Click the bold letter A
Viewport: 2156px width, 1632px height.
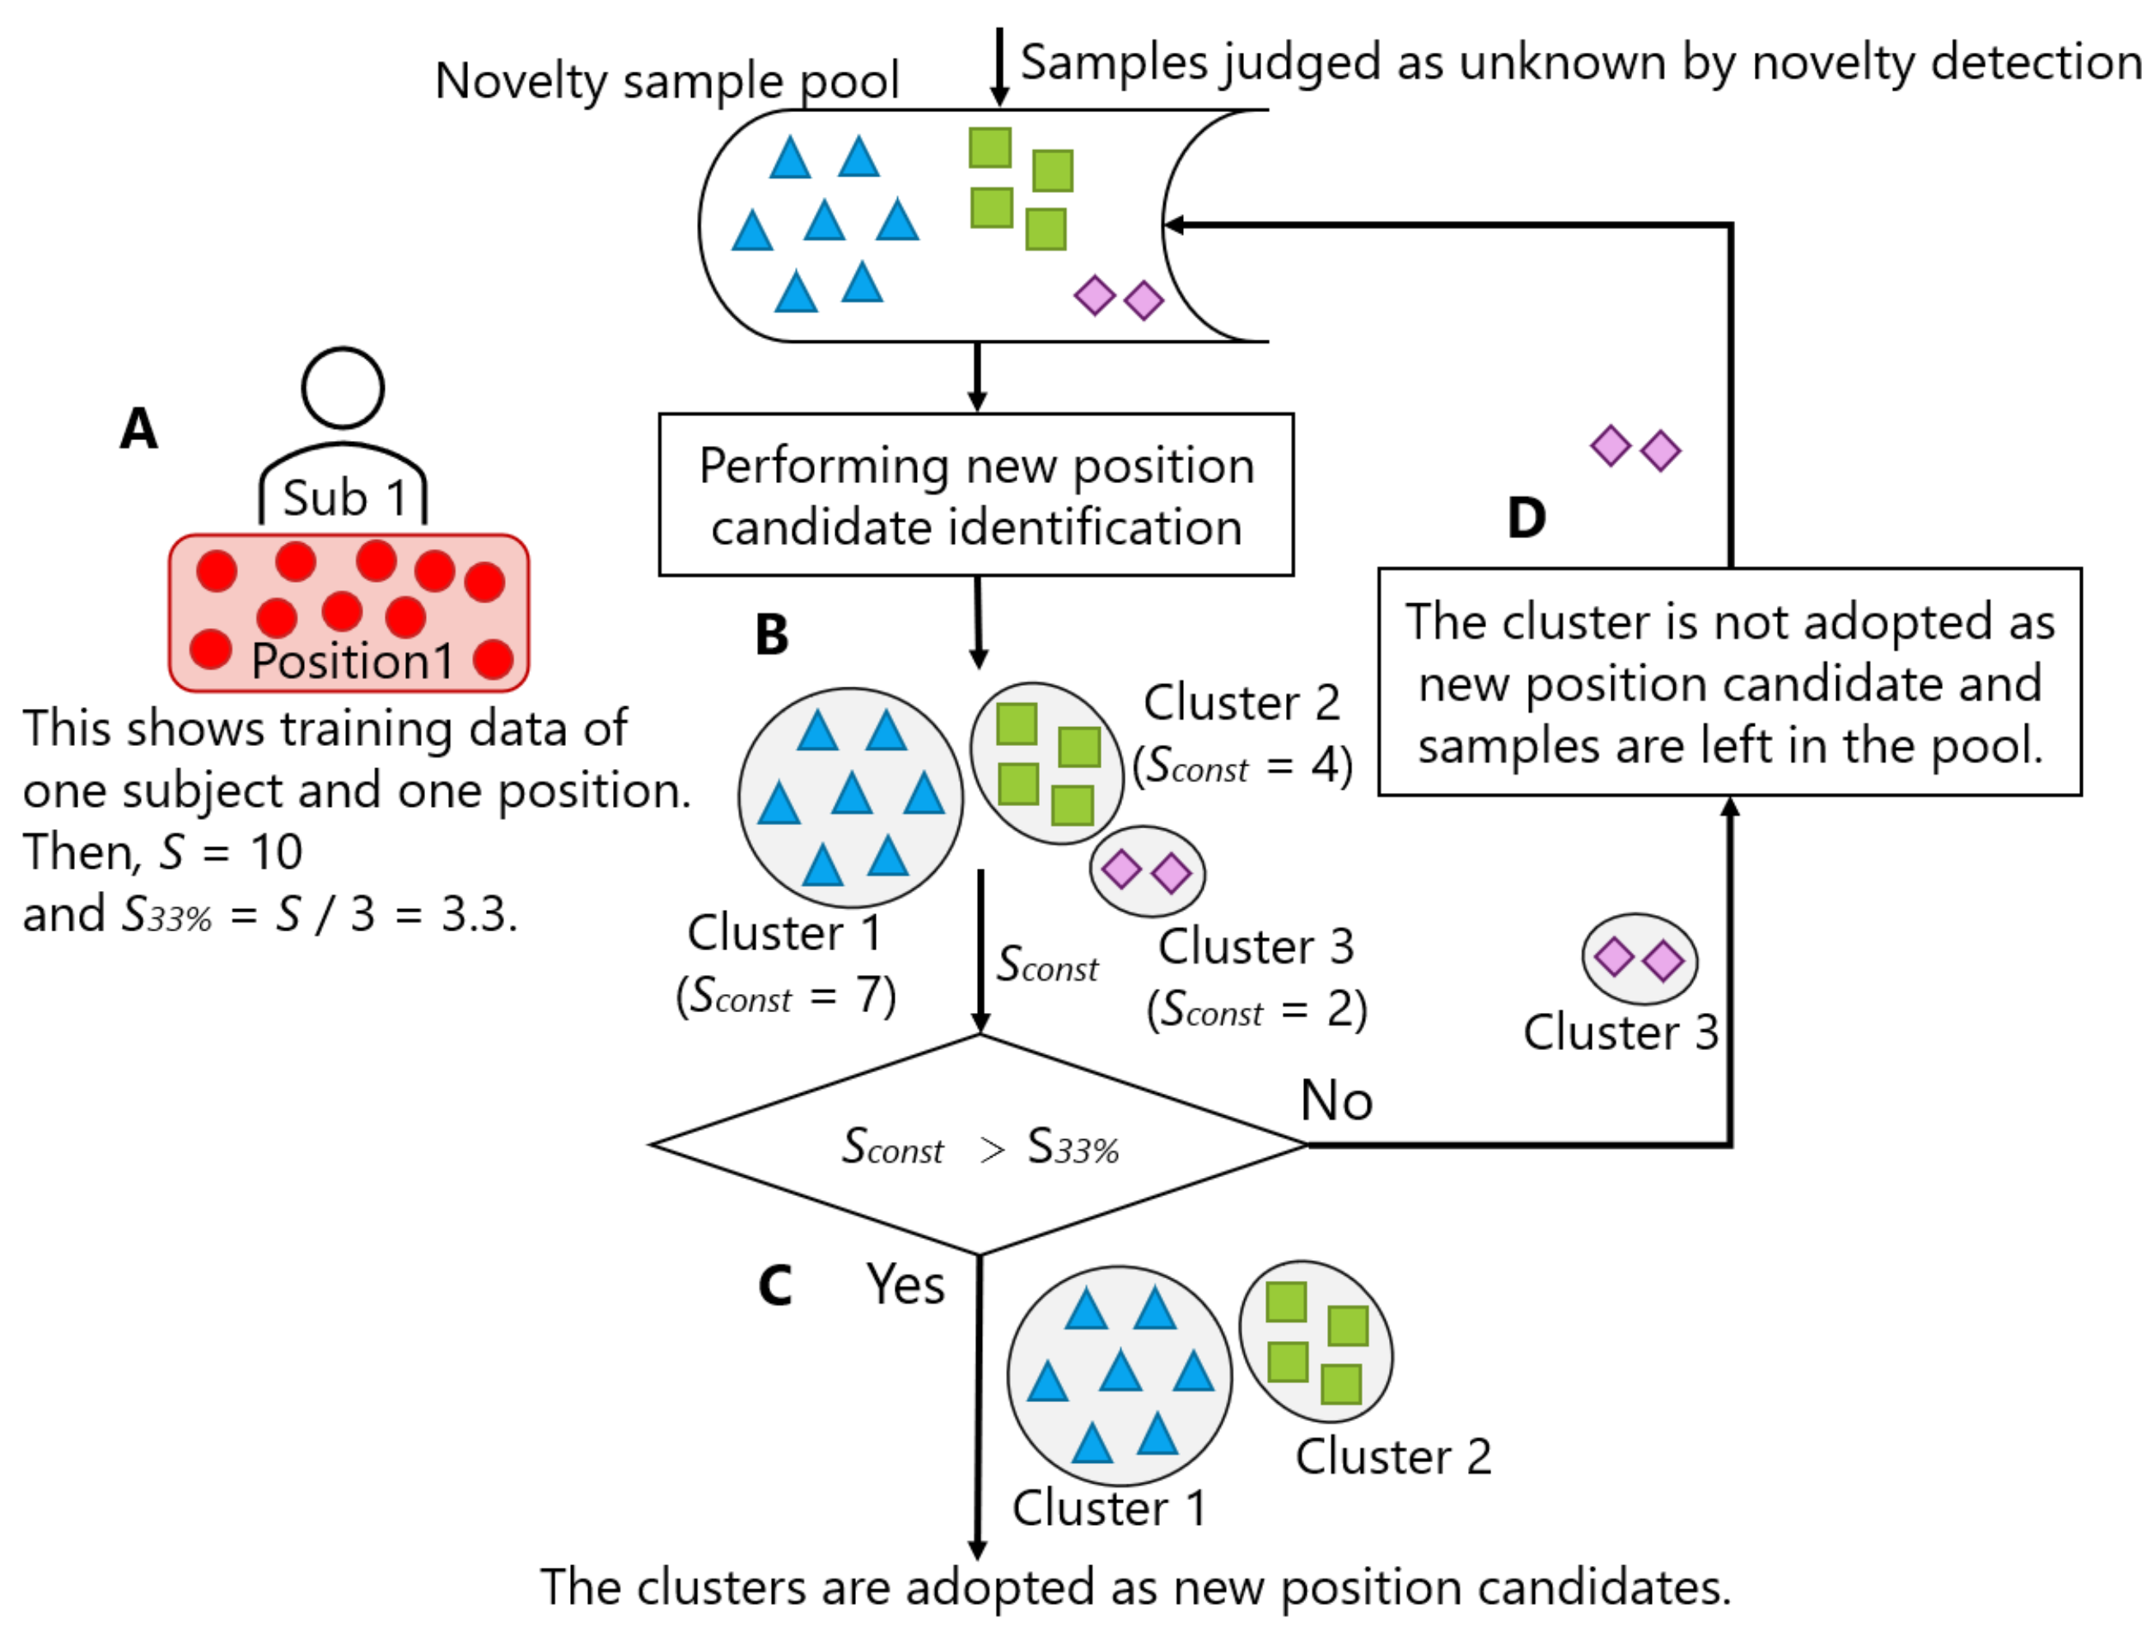[138, 428]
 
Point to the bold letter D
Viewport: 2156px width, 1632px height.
[1527, 517]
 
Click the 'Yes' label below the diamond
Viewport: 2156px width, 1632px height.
[905, 1284]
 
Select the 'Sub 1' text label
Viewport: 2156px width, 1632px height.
[344, 498]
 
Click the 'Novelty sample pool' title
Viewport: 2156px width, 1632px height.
[666, 80]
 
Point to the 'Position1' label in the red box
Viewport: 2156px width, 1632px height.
[352, 661]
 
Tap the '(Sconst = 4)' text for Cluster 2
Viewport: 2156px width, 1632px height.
[1242, 765]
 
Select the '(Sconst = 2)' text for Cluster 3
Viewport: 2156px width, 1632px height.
[1257, 1009]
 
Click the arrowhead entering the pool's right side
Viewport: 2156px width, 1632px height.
[1175, 225]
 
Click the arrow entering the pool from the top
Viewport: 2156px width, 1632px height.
[999, 66]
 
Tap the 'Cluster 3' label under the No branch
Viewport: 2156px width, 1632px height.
[1621, 1033]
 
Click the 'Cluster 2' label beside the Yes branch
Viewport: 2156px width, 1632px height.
[1394, 1457]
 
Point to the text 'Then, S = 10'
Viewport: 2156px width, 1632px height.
[163, 852]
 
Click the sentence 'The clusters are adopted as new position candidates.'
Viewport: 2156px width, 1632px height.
[1135, 1588]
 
